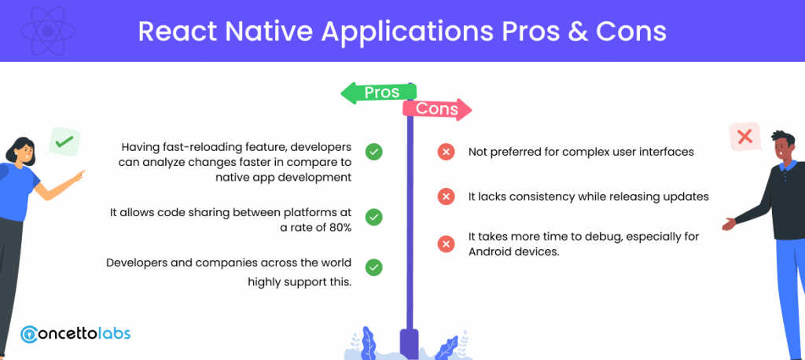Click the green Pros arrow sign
[379, 93]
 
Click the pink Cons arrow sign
[437, 109]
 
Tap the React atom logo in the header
[48, 31]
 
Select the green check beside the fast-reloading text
[373, 152]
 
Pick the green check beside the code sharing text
[373, 217]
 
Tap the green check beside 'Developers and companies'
[373, 267]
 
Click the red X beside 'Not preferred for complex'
[447, 152]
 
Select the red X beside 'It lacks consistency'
[447, 197]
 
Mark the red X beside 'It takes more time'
[447, 244]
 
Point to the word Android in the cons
[487, 252]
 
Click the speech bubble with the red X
[745, 137]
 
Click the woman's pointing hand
[78, 177]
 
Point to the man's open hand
[729, 224]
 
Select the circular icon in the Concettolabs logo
[30, 334]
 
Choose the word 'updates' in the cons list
[688, 197]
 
